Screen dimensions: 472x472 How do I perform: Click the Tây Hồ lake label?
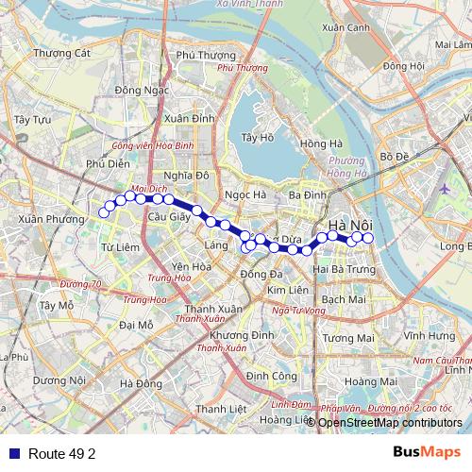pos(257,138)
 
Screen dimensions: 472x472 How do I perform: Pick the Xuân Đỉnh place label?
pos(189,119)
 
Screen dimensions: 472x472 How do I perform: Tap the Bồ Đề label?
pos(392,155)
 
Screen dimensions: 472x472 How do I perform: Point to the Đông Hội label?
pos(404,66)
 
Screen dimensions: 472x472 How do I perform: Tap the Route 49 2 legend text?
pos(62,453)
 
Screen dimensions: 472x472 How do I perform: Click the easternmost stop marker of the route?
pos(368,238)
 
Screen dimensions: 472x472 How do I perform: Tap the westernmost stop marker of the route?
pos(103,214)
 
